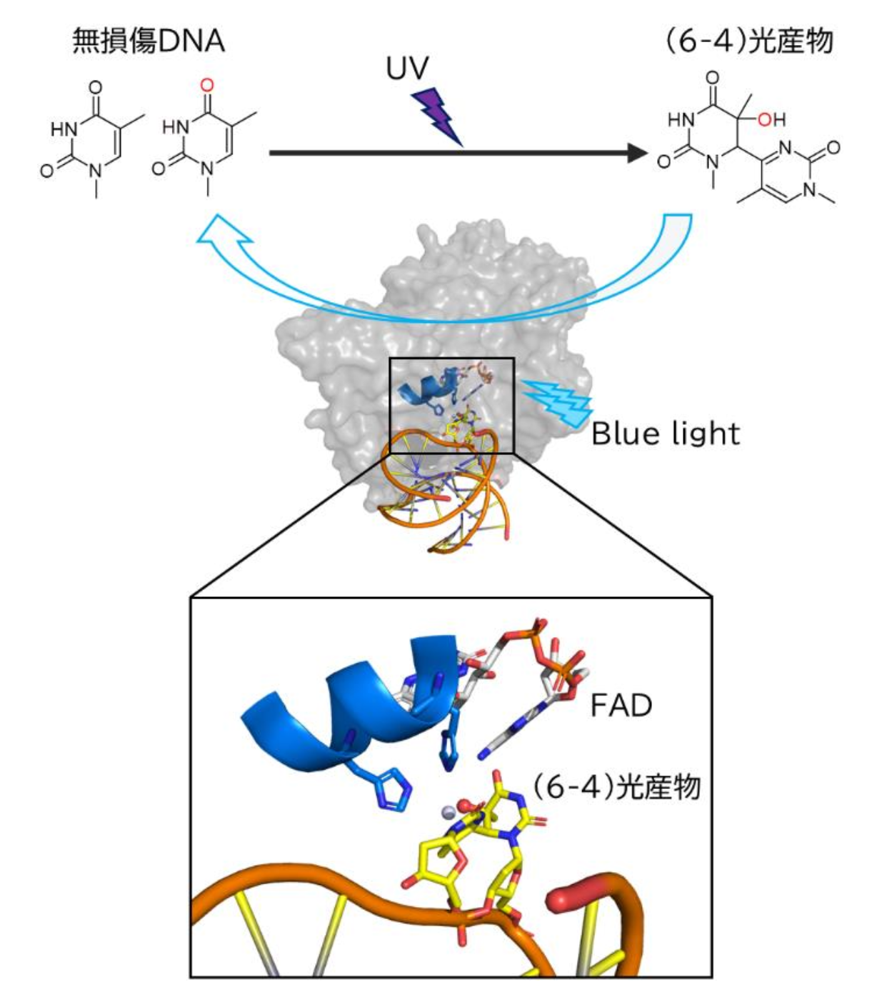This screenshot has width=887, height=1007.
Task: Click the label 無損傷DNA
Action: (x=149, y=42)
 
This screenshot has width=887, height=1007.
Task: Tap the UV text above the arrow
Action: (x=407, y=69)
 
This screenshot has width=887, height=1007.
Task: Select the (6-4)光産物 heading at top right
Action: (x=748, y=41)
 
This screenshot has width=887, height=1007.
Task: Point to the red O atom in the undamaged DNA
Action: (x=207, y=86)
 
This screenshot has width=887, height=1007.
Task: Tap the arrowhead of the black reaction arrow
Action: (x=637, y=152)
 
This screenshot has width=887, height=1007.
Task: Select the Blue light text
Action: (x=666, y=434)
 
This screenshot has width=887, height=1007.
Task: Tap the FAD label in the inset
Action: (x=621, y=706)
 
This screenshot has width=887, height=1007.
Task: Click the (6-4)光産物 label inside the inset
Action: (x=616, y=788)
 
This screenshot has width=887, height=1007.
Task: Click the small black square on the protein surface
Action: (x=451, y=405)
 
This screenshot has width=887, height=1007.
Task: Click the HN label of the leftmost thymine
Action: (x=64, y=129)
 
